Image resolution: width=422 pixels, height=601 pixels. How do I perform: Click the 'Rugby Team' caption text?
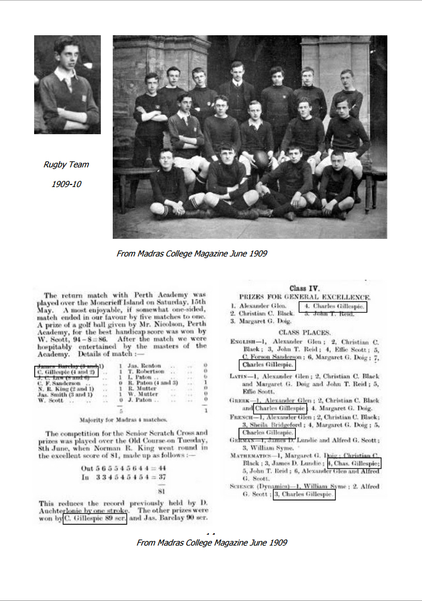coord(66,165)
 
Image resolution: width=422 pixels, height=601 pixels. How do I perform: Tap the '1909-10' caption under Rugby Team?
coord(66,184)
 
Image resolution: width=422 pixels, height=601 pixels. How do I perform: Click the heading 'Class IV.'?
coord(305,288)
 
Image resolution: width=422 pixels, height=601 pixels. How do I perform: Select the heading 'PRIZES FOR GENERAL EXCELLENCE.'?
coord(304,297)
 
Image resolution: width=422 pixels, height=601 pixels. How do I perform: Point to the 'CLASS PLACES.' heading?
coord(304,332)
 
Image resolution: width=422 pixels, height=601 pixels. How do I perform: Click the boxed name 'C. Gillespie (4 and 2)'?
coord(66,371)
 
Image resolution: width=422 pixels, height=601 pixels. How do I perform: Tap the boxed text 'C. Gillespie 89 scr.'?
coord(95,518)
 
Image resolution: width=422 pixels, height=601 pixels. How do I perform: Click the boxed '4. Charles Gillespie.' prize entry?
coord(333,307)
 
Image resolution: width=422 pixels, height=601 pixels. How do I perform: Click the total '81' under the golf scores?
coord(160,491)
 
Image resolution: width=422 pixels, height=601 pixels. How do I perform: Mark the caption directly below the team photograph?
coord(192,253)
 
